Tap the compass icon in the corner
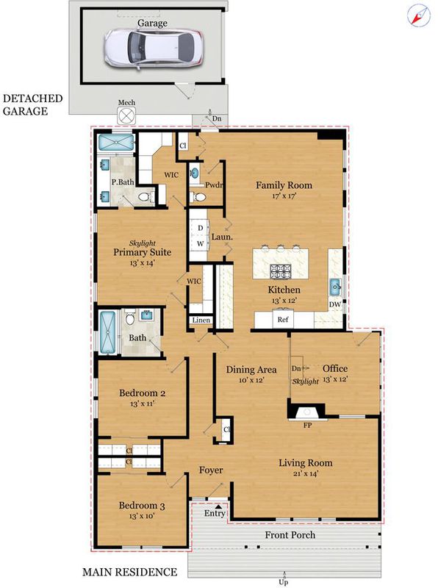coord(418,15)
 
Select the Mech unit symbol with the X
coord(126,115)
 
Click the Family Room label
coord(284,185)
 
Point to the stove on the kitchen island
coord(281,271)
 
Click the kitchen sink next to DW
coord(335,287)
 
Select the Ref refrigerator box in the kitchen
coord(283,319)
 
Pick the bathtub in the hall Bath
coord(107,332)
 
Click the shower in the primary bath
coord(116,143)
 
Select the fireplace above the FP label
coord(306,412)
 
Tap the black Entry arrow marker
coord(218,506)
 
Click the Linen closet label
coord(201,320)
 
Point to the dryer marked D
coord(200,228)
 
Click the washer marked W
coord(200,243)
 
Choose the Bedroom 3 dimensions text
coord(142,516)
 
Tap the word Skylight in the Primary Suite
coord(143,243)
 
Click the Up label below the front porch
coord(284,582)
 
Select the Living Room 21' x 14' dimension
coord(306,473)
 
